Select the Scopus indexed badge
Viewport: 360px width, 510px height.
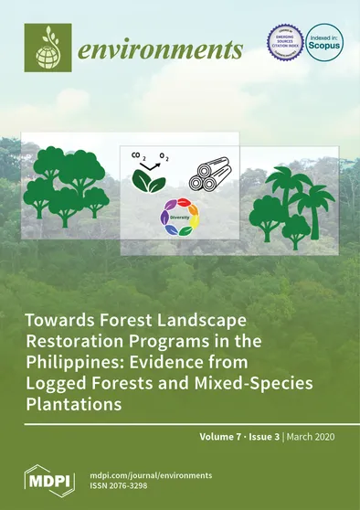[x=324, y=43]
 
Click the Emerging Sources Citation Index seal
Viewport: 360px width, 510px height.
[x=283, y=42]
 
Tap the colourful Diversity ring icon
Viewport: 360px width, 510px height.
[x=178, y=217]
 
